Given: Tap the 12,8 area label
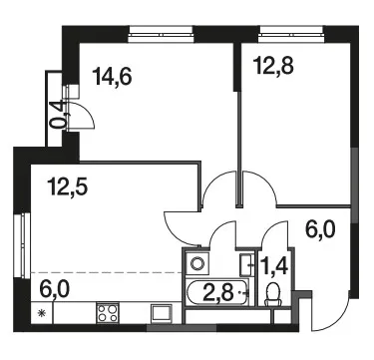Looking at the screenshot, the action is (x=273, y=66).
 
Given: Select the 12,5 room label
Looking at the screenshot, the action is (x=68, y=187).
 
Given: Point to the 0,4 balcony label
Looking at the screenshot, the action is (x=56, y=115).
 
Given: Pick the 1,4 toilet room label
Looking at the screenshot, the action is (x=275, y=267).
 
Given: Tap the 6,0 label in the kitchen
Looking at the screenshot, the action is (x=54, y=289).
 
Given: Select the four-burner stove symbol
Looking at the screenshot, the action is (x=108, y=313).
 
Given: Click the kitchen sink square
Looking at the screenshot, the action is (x=162, y=313).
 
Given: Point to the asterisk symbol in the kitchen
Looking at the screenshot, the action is (x=42, y=313).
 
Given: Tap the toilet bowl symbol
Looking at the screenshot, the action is (x=273, y=294).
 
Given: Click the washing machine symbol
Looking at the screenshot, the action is (x=197, y=263).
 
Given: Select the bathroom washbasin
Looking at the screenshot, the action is (x=247, y=265).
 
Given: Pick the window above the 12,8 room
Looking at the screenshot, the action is (x=291, y=35).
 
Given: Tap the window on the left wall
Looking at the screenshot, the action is (x=23, y=245).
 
